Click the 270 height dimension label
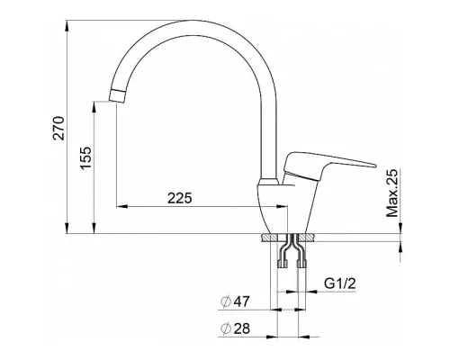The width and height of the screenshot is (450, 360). point(58,128)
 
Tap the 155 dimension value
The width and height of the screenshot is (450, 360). point(85,158)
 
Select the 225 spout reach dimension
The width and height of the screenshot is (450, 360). point(179,198)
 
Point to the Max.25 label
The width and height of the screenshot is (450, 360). point(392,193)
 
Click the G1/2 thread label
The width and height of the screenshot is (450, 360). point(340,283)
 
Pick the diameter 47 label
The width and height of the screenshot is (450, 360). point(235,301)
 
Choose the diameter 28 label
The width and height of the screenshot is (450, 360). point(235,328)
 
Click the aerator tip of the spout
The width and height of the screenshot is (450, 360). point(118,96)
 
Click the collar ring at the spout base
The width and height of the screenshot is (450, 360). point(269,182)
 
